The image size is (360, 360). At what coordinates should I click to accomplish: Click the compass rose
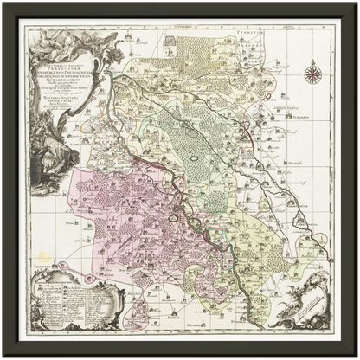315,75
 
